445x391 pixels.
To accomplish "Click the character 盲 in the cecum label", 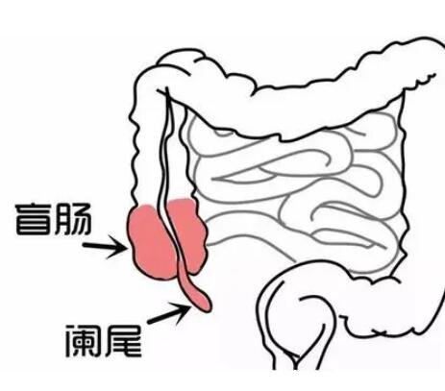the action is pos(34,219).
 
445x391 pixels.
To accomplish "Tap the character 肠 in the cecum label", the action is pos(73,219).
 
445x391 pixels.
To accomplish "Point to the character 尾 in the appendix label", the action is pos(123,340).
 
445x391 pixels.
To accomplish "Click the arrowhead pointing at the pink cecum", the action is pos(119,247).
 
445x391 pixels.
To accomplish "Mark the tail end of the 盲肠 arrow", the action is pos(84,245).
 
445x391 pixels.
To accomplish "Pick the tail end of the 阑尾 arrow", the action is pos(149,322).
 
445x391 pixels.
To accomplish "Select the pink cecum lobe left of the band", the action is pos(151,243).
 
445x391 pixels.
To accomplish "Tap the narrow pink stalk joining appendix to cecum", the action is pos(185,279).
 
